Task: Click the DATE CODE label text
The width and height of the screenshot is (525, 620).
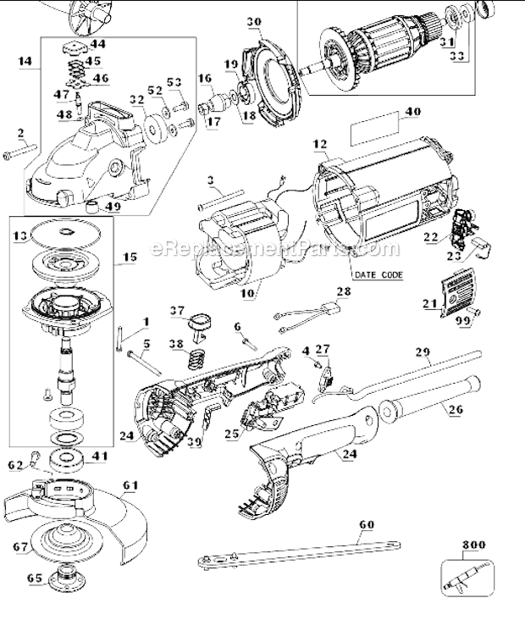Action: tap(378, 275)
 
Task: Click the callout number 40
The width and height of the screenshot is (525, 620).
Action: tap(412, 111)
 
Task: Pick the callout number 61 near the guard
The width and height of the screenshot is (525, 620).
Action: tap(129, 485)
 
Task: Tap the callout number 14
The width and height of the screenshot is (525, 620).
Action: tap(25, 61)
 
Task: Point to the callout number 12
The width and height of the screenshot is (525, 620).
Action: tap(319, 145)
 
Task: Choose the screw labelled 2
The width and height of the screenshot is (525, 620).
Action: tap(21, 153)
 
